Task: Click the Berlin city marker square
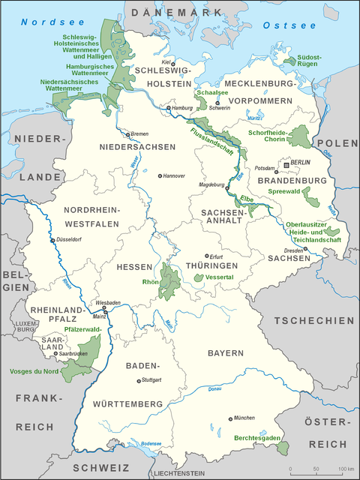coord(286,163)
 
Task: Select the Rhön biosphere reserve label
coord(151,282)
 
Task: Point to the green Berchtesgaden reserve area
coord(283,448)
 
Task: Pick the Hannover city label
coord(174,175)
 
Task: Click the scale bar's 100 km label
coord(344,469)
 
